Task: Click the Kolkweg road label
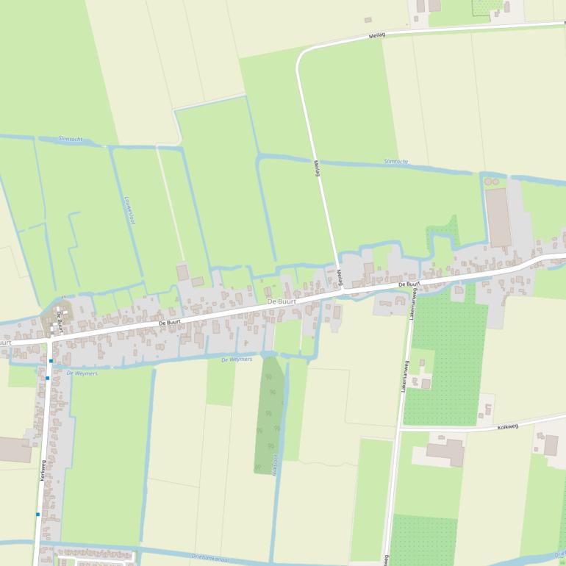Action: tap(508, 426)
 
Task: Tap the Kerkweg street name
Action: tap(43, 471)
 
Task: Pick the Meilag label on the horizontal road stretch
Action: tap(377, 35)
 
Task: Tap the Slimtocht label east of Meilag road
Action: tap(395, 161)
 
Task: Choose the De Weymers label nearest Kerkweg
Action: tap(82, 373)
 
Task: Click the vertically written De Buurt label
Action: tap(60, 322)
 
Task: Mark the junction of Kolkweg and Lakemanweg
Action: tap(401, 430)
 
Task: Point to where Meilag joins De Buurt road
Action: tap(343, 291)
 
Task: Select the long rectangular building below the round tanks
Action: tap(498, 217)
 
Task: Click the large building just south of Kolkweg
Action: tap(445, 451)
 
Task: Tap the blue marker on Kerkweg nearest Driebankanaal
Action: tap(37, 515)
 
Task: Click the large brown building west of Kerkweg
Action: tap(15, 449)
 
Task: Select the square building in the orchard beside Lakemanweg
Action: tap(425, 383)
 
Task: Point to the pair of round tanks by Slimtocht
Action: tap(490, 180)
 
